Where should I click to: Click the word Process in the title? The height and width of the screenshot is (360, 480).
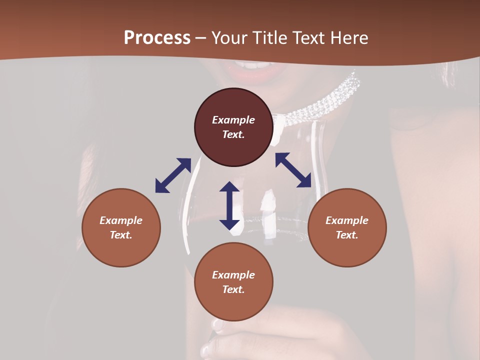(x=157, y=38)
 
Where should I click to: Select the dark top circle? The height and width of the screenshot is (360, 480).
(x=233, y=127)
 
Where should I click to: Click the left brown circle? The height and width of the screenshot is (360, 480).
(x=121, y=227)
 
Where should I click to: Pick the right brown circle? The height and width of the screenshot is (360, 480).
(x=347, y=227)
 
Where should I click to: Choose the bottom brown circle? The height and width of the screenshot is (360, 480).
(x=233, y=282)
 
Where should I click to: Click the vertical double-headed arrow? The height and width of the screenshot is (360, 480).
(x=229, y=205)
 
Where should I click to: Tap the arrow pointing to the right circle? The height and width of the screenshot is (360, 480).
(x=293, y=170)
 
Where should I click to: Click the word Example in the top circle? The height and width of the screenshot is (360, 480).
(x=233, y=120)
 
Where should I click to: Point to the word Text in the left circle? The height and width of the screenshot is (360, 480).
(x=121, y=235)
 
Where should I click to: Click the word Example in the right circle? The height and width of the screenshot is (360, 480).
(x=347, y=220)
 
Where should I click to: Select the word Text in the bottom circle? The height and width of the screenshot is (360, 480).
(x=233, y=289)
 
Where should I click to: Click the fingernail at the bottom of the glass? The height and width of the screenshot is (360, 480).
(x=218, y=324)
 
